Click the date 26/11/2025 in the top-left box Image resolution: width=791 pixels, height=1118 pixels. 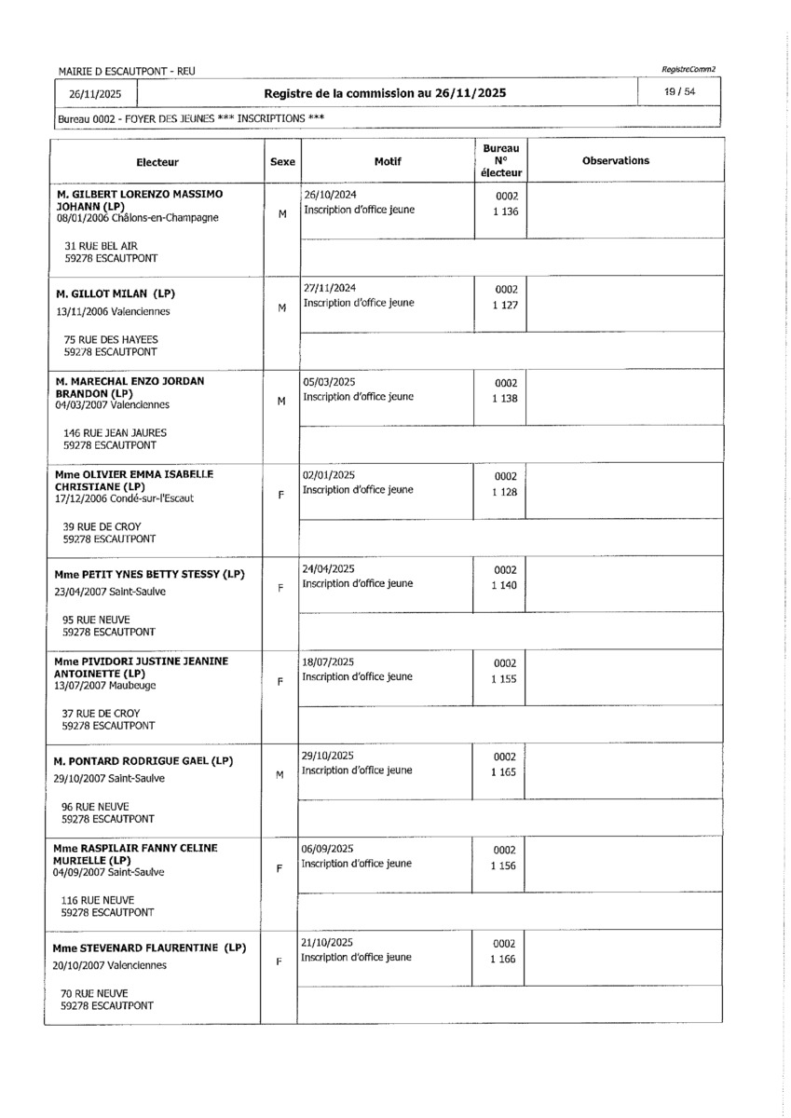click(x=95, y=94)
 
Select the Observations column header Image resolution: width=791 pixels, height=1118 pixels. click(x=615, y=161)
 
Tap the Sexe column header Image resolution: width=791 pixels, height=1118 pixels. click(x=281, y=162)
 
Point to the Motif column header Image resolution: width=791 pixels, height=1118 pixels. click(x=387, y=161)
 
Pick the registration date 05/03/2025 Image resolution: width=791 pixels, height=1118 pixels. click(x=329, y=382)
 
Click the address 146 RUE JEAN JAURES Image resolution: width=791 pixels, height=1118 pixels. click(x=116, y=433)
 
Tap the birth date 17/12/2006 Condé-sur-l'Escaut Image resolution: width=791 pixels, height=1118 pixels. click(x=124, y=498)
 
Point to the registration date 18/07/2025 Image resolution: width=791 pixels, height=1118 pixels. click(x=328, y=661)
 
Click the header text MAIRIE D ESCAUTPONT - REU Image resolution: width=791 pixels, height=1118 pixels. click(x=127, y=71)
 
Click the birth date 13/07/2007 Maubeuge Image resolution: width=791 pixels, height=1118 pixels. click(x=104, y=685)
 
